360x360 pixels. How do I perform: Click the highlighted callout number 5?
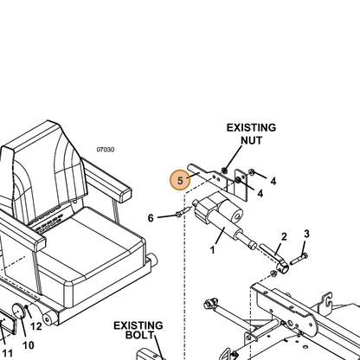(180, 181)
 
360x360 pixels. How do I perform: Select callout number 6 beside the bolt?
(151, 218)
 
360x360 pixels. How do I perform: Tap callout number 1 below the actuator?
(213, 250)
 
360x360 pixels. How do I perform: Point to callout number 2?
(284, 237)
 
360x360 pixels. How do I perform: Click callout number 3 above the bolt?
(306, 234)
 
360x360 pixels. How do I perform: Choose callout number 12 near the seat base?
(36, 326)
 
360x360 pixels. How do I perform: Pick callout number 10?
(29, 345)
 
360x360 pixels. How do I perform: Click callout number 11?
(7, 353)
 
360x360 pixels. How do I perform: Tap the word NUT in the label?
(252, 140)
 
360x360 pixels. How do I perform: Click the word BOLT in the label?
(139, 335)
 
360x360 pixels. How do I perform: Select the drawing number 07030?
(106, 150)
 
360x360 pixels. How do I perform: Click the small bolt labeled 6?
(183, 211)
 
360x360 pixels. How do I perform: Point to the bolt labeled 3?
(299, 260)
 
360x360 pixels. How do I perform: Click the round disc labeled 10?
(19, 312)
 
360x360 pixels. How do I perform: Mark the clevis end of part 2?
(283, 268)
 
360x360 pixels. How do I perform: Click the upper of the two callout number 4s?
(273, 181)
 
